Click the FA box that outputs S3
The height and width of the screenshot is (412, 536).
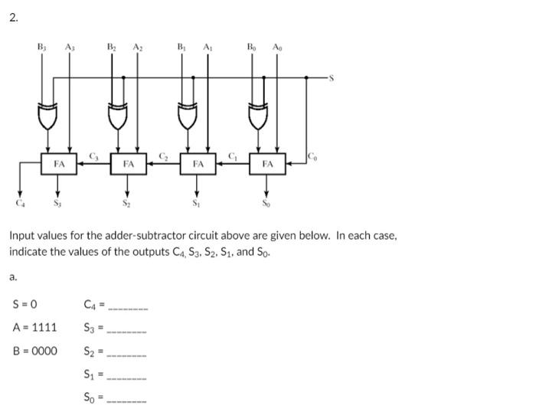58,164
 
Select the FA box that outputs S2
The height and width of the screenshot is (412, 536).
129,164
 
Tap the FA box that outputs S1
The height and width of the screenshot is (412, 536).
198,164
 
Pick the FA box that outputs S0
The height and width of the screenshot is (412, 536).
267,164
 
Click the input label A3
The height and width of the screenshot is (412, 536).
70,47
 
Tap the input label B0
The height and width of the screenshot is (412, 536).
251,47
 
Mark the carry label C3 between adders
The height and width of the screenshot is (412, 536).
94,156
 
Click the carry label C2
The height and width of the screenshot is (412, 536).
163,156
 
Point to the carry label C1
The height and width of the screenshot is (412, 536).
233,156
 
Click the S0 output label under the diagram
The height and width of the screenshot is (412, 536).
266,203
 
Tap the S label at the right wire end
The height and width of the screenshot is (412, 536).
332,77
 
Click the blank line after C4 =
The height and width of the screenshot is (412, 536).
127,308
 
